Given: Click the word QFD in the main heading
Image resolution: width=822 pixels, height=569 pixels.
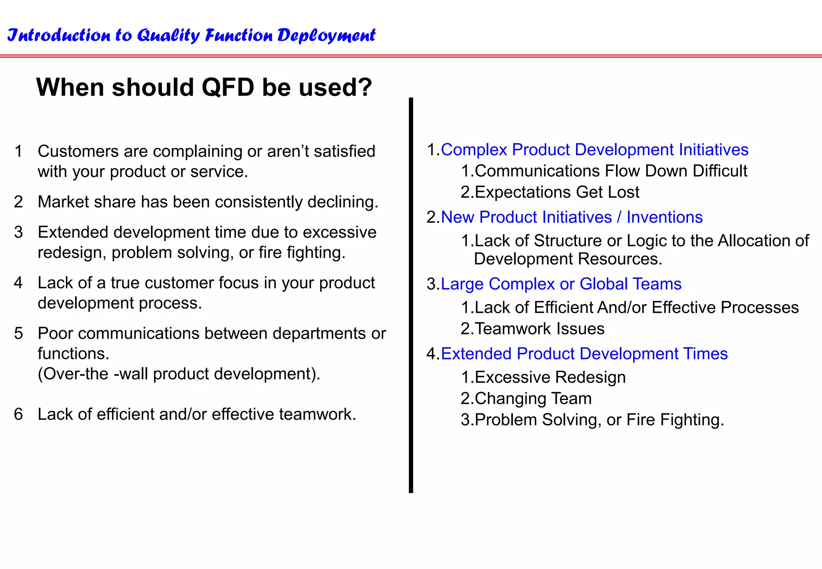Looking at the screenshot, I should click(x=228, y=87).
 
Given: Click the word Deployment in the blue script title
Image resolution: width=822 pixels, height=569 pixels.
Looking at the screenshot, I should click(x=326, y=36).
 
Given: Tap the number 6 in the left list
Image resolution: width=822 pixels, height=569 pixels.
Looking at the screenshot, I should click(x=18, y=414).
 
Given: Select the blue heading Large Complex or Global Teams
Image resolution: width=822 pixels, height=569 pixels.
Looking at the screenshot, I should click(x=561, y=284).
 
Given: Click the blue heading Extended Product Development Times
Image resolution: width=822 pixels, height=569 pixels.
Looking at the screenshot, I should click(x=584, y=354).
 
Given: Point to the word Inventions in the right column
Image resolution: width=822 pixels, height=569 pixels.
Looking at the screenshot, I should click(x=664, y=217).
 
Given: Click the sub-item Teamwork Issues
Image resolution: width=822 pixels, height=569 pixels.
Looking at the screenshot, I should click(x=539, y=329).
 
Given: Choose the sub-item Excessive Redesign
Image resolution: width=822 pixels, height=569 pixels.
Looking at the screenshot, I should click(x=550, y=378).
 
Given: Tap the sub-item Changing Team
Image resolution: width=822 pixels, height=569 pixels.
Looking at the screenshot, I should click(x=533, y=399).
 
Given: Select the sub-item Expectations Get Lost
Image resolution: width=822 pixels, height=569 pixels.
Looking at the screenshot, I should click(x=557, y=192).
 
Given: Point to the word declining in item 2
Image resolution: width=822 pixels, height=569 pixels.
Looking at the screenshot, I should click(x=342, y=202).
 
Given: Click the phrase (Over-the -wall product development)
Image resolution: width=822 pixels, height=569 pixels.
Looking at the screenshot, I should click(x=179, y=374).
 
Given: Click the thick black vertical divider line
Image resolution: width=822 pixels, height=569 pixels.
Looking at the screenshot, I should click(x=411, y=295).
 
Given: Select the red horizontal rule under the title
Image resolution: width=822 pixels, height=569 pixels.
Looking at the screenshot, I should click(x=411, y=56).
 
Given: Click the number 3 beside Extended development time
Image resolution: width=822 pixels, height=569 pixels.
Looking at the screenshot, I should click(x=18, y=232).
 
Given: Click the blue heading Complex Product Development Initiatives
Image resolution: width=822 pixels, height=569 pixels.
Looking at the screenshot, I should click(x=594, y=150).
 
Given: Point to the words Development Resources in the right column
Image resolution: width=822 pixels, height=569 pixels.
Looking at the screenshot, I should click(x=568, y=259).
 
